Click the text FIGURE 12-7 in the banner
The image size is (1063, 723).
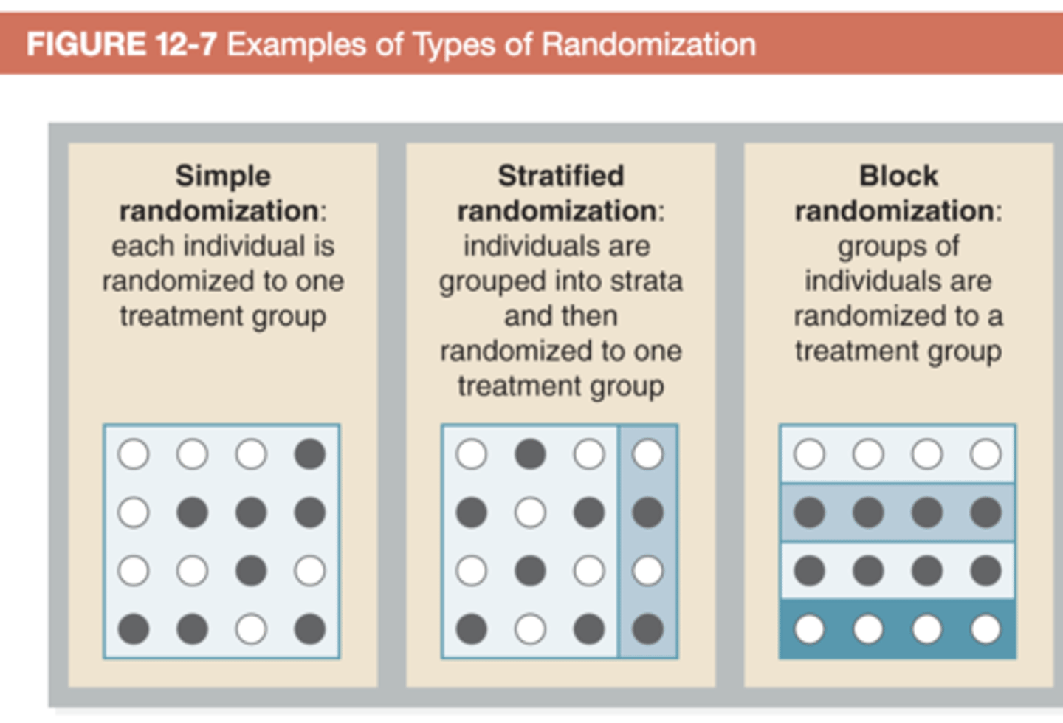coord(121,44)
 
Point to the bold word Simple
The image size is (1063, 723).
coord(223,176)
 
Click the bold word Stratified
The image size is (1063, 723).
coord(560,176)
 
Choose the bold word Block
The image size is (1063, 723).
coord(898,176)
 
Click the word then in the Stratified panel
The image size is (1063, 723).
coord(589,316)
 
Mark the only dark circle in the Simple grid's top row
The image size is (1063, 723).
coord(309,454)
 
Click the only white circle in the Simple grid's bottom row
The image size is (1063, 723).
coord(251,629)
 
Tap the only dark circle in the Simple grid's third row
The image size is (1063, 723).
coord(251,571)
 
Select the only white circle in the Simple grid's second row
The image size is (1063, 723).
coord(134,513)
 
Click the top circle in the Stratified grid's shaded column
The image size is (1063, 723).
coord(647,454)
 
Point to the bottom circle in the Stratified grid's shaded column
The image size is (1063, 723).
coord(647,629)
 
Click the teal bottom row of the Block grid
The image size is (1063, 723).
coord(897,629)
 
